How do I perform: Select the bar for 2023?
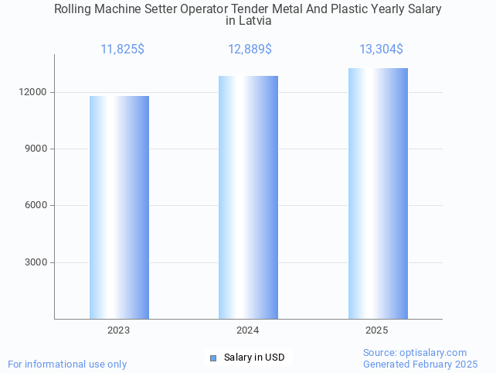[x=119, y=207]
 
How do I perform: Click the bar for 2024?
[x=248, y=197]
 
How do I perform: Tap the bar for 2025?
[x=378, y=193]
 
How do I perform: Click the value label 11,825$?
[x=122, y=50]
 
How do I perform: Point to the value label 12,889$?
[x=250, y=50]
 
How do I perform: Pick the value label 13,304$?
[x=381, y=50]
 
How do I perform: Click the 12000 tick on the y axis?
[x=34, y=92]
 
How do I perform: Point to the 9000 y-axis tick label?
[x=36, y=149]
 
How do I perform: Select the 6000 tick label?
[x=36, y=205]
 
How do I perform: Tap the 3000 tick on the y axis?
[x=36, y=262]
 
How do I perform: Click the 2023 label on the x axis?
[x=119, y=330]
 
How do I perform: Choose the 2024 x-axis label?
[x=248, y=330]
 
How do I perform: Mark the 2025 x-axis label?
[x=377, y=330]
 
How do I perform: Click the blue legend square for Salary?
[x=213, y=358]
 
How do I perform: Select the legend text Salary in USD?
[x=254, y=358]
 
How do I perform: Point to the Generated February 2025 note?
[x=420, y=364]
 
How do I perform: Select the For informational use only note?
[x=67, y=364]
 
